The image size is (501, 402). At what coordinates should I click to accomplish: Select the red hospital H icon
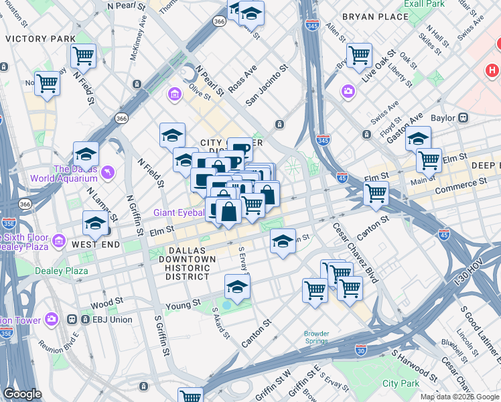pos(492,70)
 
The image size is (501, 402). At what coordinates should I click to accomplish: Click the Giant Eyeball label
pos(179,212)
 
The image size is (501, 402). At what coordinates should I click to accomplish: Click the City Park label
pos(401,383)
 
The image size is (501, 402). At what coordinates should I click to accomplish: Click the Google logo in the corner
pos(22,394)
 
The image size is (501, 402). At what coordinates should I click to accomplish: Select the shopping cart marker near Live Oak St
pos(359,56)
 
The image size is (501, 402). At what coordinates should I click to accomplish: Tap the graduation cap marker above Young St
pos(236,287)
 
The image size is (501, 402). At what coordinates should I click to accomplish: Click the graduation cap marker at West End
pos(95,223)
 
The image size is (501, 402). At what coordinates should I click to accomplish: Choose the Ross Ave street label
pos(242,79)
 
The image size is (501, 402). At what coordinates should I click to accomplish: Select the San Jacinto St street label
pos(267,85)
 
